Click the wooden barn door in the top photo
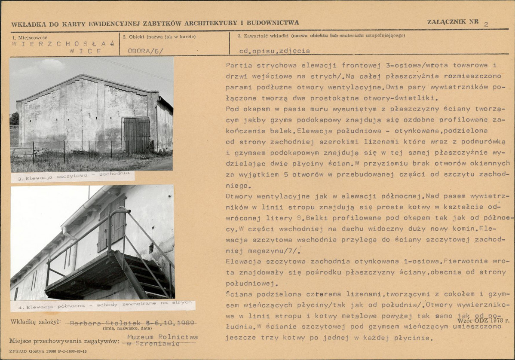point(137,134)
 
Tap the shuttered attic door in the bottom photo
point(111,223)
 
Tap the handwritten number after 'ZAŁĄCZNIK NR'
point(486,24)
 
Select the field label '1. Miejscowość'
point(30,37)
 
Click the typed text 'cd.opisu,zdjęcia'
point(275,51)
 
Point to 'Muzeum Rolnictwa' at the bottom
point(162,337)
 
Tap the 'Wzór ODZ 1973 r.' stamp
point(484,320)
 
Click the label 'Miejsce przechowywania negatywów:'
point(64,341)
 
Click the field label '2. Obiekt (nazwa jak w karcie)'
point(159,37)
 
